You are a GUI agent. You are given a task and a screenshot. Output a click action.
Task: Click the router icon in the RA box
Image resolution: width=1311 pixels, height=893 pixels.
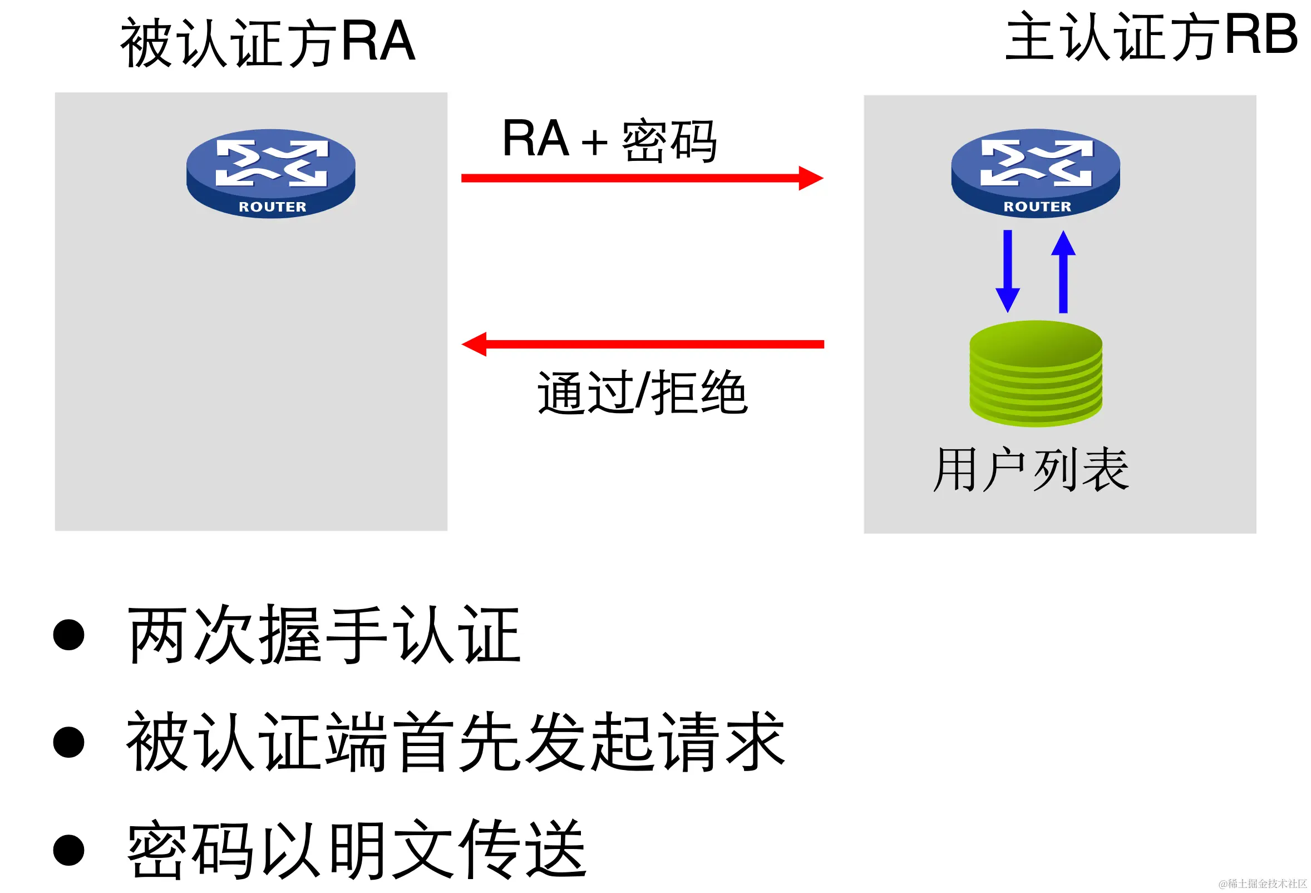pyautogui.click(x=271, y=172)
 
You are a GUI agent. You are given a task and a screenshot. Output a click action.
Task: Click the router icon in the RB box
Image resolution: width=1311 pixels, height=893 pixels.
pyautogui.click(x=1036, y=172)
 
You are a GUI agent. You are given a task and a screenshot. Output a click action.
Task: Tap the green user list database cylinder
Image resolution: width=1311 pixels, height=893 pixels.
pyautogui.click(x=1036, y=372)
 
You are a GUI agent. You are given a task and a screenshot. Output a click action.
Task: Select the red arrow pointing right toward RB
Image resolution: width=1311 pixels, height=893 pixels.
pyautogui.click(x=642, y=178)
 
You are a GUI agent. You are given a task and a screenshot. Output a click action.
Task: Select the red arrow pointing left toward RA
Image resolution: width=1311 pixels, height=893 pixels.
pyautogui.click(x=642, y=344)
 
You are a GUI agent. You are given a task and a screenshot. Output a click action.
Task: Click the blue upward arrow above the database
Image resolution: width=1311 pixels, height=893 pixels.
pyautogui.click(x=1063, y=271)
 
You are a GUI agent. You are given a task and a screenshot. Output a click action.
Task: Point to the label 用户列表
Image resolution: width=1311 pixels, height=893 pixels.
pyautogui.click(x=1031, y=470)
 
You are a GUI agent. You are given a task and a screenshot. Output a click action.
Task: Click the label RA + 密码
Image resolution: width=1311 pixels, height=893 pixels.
pyautogui.click(x=609, y=140)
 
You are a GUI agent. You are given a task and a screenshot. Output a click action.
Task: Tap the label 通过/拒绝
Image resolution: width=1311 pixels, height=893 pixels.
pyautogui.click(x=642, y=393)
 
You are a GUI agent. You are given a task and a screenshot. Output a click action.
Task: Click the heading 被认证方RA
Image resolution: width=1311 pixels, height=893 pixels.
pyautogui.click(x=268, y=42)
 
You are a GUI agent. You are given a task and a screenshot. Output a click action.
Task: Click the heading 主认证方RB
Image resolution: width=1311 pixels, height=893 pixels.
pyautogui.click(x=1151, y=37)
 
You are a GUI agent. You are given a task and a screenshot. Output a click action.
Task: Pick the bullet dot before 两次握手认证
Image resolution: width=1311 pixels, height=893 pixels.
pyautogui.click(x=69, y=635)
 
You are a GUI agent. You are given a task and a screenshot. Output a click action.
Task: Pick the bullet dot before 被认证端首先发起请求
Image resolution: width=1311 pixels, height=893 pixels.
pyautogui.click(x=69, y=742)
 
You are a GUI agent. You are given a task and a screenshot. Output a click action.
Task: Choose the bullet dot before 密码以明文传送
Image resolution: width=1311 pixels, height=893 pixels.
pyautogui.click(x=69, y=850)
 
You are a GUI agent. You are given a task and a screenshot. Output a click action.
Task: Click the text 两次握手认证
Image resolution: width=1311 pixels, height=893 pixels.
pyautogui.click(x=324, y=635)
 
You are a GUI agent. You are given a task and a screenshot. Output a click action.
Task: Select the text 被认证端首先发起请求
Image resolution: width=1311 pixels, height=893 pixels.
pyautogui.click(x=456, y=742)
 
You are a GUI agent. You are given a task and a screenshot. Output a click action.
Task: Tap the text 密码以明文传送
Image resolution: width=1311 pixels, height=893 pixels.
pyautogui.click(x=357, y=850)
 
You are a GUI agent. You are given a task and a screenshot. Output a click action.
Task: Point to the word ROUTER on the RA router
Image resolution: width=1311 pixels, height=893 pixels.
pyautogui.click(x=273, y=207)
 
